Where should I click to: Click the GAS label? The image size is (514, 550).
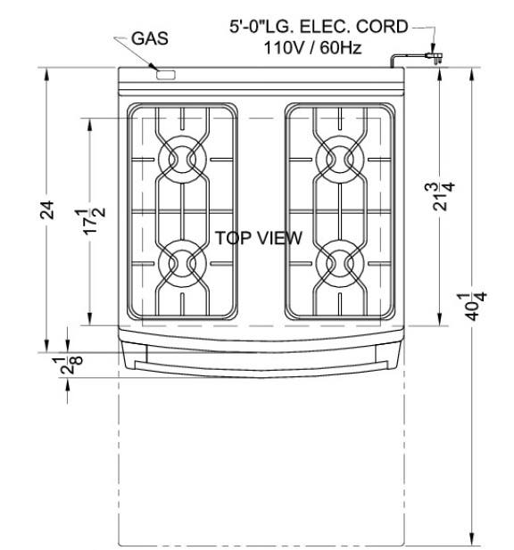[x=150, y=38]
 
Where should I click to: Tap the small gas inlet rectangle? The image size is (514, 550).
[x=166, y=75]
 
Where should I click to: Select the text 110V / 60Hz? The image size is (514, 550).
[x=312, y=48]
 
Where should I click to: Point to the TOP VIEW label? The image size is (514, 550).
[x=259, y=238]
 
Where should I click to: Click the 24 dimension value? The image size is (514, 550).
[x=47, y=209]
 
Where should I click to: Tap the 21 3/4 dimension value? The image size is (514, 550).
[x=439, y=196]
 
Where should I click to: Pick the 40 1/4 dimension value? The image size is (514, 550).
[x=471, y=307]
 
